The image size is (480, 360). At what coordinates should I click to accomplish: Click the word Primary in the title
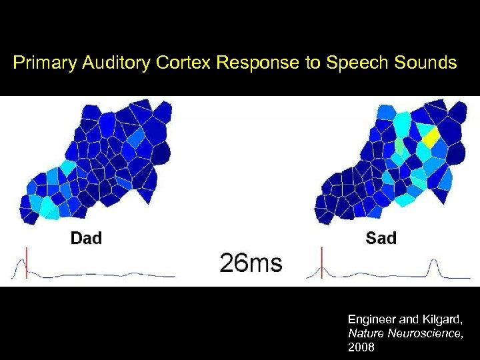click(41, 64)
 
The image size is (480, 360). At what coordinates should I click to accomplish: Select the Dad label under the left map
click(86, 238)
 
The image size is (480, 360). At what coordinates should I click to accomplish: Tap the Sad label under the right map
click(381, 238)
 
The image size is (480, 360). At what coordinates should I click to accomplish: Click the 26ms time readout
click(252, 263)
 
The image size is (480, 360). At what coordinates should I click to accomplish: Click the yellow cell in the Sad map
click(431, 137)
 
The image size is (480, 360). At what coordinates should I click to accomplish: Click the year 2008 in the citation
click(361, 347)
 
